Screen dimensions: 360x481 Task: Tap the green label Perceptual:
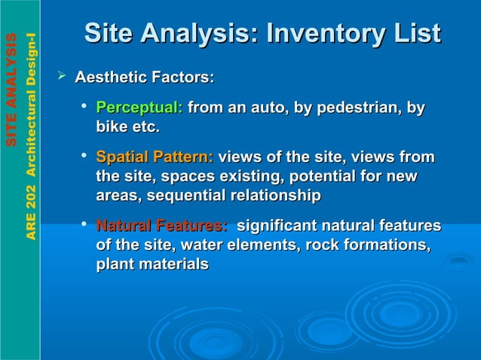(x=139, y=108)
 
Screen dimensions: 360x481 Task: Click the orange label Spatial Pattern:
(x=155, y=157)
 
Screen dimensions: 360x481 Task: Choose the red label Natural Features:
(x=162, y=225)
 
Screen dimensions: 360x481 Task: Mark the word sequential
(x=186, y=196)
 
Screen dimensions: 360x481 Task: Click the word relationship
(x=275, y=196)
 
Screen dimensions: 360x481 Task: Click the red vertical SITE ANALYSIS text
(x=11, y=90)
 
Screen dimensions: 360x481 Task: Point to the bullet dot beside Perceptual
(x=86, y=108)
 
